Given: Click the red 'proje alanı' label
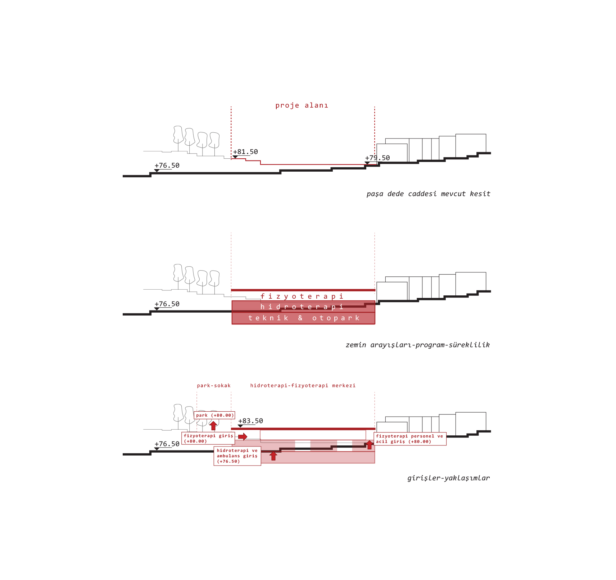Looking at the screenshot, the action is (x=302, y=105).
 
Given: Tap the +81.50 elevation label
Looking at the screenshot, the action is (x=245, y=152).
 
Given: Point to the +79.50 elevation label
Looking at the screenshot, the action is (x=377, y=158).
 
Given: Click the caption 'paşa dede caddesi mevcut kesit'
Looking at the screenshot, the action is (x=428, y=194).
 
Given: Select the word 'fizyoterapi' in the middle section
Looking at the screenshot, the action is (x=302, y=296).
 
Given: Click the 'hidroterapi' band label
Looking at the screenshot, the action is (x=302, y=307).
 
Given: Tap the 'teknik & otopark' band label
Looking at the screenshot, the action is (x=304, y=318).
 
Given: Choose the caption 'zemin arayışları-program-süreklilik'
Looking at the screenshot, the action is (x=418, y=345).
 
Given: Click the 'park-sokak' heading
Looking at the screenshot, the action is (x=214, y=386).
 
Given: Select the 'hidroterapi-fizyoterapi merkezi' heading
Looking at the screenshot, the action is (x=303, y=386).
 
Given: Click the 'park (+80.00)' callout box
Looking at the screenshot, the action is (x=214, y=415).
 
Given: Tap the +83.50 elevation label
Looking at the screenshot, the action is (x=250, y=421).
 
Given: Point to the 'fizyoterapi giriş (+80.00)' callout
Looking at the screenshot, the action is (x=208, y=438).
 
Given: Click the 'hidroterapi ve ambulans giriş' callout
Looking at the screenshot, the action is (x=237, y=456).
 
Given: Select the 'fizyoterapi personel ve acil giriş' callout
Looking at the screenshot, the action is (x=410, y=439).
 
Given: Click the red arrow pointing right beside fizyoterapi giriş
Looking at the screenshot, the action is (x=243, y=437).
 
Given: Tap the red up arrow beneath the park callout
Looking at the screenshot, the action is (x=213, y=426).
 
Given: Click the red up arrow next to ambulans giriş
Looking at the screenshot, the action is (x=273, y=456).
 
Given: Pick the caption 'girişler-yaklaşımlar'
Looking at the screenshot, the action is (x=449, y=478).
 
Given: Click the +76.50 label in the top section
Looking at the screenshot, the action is (x=167, y=166).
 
